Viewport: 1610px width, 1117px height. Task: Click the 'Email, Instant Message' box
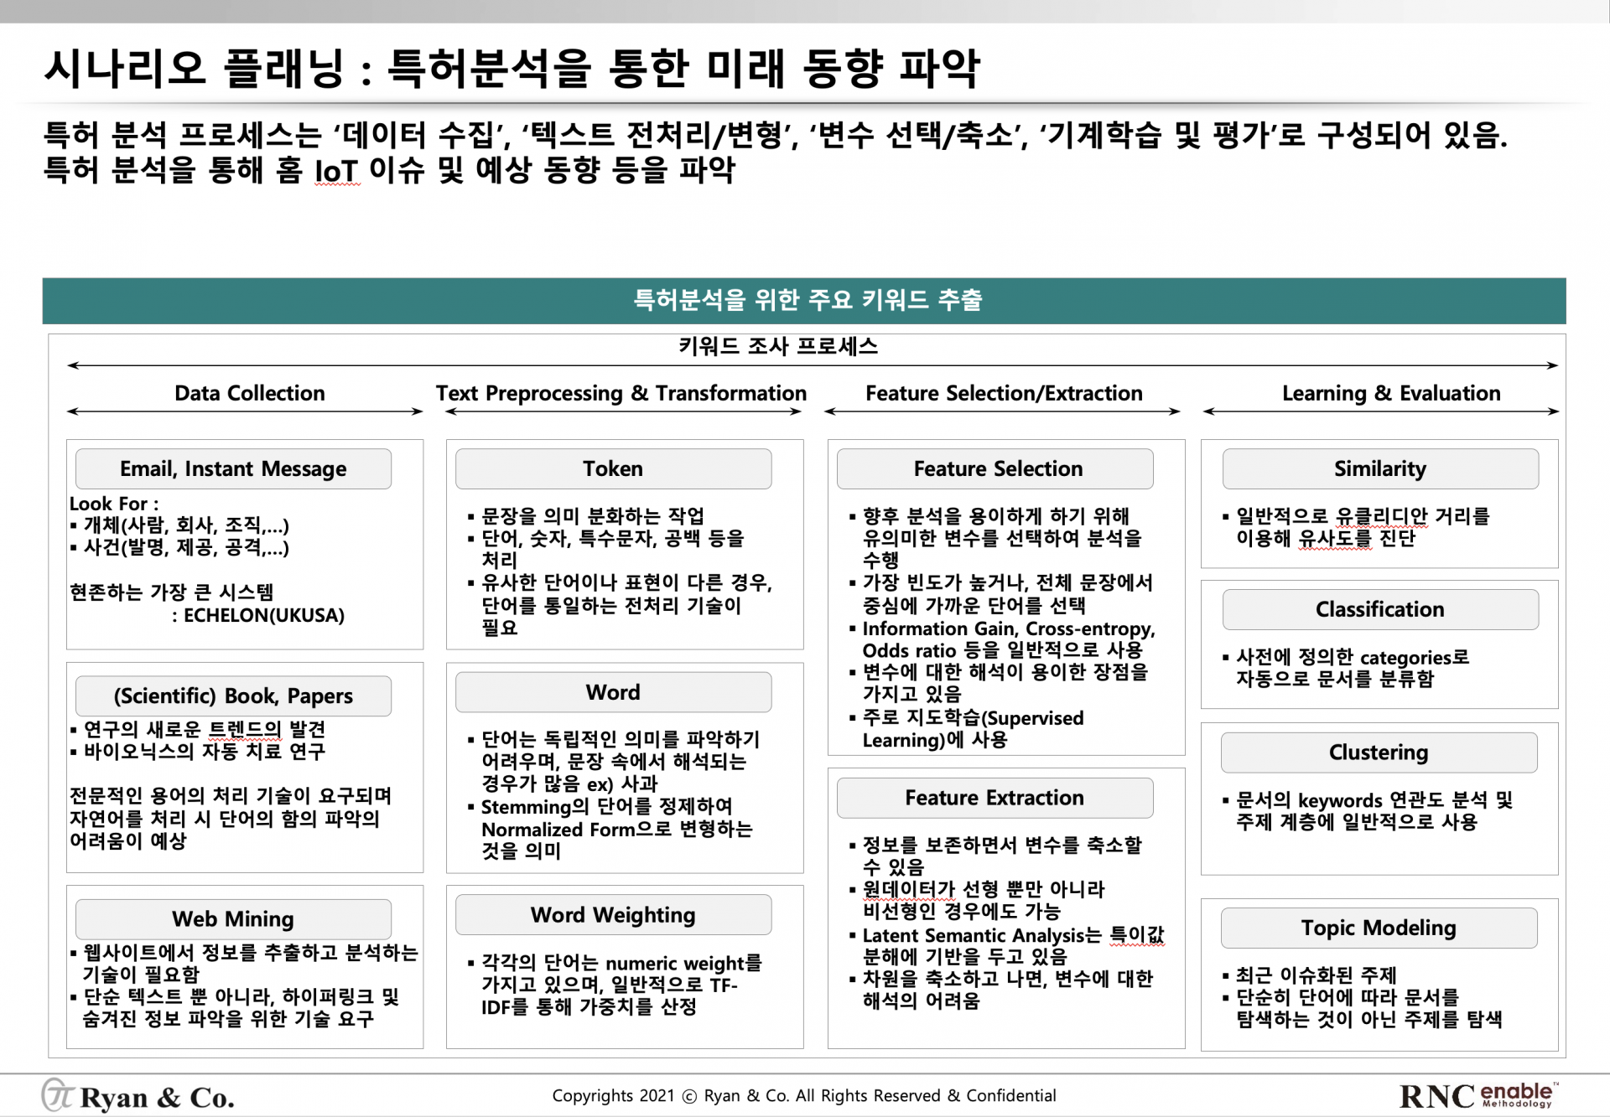point(233,468)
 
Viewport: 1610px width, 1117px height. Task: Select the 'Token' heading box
point(613,468)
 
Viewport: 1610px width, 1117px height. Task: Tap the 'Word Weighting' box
point(613,914)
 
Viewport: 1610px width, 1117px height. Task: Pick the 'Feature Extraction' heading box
point(995,798)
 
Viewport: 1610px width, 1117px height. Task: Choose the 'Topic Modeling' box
point(1379,928)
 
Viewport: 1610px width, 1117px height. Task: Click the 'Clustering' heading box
point(1379,752)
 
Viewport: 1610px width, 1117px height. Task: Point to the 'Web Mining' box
point(233,919)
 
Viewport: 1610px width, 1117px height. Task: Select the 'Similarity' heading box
point(1380,468)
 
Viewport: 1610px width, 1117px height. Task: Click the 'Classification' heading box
point(1380,609)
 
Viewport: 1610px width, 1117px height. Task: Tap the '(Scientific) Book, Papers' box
point(233,696)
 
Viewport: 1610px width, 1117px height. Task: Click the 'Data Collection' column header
point(249,393)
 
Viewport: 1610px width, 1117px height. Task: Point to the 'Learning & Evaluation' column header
point(1391,393)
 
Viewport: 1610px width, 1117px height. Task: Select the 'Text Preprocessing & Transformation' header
point(621,393)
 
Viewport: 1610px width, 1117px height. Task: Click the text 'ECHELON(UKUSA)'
point(264,615)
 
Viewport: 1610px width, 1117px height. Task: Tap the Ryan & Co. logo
point(138,1096)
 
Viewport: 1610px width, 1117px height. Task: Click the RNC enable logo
point(1478,1095)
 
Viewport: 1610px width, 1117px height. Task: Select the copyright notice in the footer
point(803,1095)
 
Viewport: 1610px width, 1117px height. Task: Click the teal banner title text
point(808,300)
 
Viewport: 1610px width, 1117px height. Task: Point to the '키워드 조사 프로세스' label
point(778,346)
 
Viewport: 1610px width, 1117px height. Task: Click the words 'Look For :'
point(114,504)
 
